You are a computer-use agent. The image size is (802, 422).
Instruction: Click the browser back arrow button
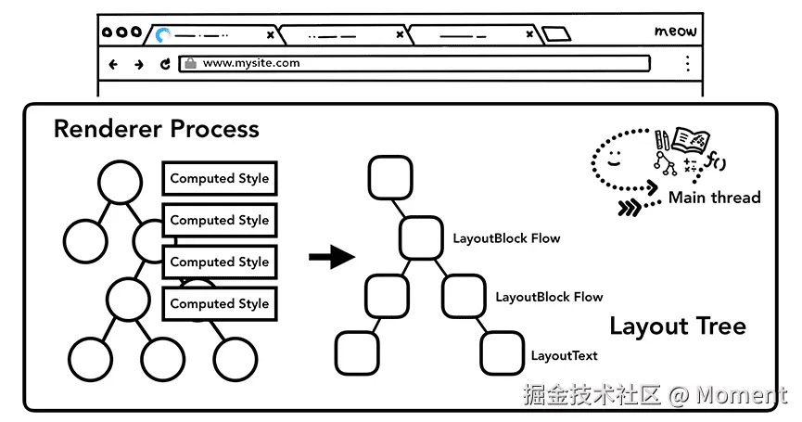[x=113, y=64]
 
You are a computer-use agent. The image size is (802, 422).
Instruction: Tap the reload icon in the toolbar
[x=165, y=64]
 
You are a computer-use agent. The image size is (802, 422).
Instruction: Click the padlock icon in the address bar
[x=190, y=63]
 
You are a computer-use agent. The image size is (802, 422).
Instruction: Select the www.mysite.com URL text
[x=251, y=63]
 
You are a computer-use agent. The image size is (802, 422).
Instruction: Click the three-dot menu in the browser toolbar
[x=688, y=63]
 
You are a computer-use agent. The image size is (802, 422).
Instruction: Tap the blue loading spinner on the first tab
[x=162, y=35]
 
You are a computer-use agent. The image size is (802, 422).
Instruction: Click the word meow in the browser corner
[x=676, y=32]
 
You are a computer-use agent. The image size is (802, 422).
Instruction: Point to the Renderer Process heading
[x=157, y=128]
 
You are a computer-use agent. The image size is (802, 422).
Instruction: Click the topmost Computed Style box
[x=220, y=178]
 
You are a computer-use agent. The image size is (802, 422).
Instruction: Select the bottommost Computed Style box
[x=220, y=304]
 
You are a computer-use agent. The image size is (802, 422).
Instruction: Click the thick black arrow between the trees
[x=332, y=256]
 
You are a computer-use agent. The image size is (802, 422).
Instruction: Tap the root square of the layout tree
[x=390, y=177]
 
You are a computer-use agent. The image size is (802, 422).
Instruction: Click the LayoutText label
[x=564, y=355]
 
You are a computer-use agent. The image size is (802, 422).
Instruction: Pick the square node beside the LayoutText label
[x=503, y=353]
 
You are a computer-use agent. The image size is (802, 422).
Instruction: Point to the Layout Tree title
[x=678, y=326]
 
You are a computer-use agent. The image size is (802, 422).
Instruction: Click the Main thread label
[x=715, y=198]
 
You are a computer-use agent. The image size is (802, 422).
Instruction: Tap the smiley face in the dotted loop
[x=614, y=158]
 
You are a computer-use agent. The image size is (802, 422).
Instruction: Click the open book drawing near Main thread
[x=691, y=140]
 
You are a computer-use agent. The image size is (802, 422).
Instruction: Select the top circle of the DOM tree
[x=121, y=183]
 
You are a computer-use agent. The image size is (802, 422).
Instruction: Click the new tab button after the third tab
[x=556, y=34]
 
